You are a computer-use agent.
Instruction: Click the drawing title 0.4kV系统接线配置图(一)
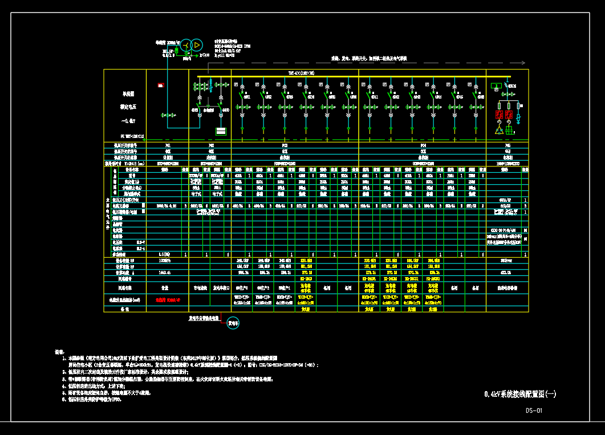[x=519, y=394]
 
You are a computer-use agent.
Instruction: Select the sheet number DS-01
[x=534, y=410]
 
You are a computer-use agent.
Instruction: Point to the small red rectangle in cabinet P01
[x=161, y=86]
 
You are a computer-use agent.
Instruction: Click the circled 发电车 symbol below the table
[x=233, y=323]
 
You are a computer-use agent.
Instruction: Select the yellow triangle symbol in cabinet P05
[x=499, y=131]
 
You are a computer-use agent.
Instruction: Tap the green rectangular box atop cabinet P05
[x=496, y=86]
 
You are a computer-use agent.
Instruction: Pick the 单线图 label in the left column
[x=128, y=93]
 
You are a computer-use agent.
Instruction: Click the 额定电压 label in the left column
[x=128, y=107]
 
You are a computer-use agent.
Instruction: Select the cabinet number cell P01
[x=167, y=145]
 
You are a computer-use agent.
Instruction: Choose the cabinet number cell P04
[x=423, y=145]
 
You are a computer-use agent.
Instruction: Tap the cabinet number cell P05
[x=507, y=145]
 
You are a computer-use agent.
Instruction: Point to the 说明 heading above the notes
[x=59, y=352]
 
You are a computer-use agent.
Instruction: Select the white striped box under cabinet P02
[x=221, y=131]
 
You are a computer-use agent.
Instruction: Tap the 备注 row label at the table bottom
[x=124, y=309]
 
